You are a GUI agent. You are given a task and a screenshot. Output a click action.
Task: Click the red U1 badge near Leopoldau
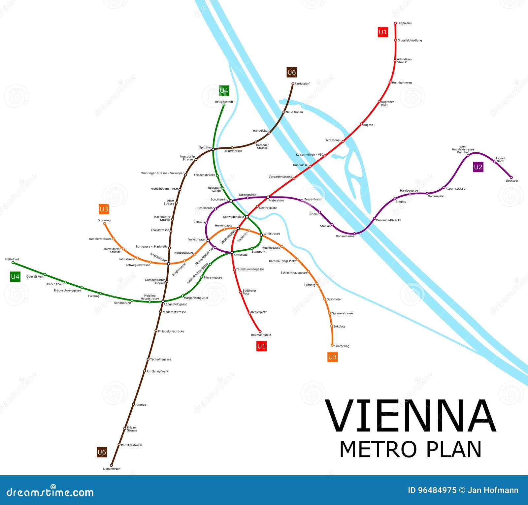coord(383,32)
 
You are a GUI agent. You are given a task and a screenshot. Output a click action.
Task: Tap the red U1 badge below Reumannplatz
coord(261,346)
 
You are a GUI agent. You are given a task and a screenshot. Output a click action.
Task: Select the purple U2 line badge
coord(478,167)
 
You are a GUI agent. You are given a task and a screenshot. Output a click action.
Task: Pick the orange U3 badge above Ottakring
coord(104,209)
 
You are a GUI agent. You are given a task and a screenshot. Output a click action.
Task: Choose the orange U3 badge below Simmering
coord(332,357)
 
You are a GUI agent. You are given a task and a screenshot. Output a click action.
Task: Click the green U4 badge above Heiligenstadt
coord(224,90)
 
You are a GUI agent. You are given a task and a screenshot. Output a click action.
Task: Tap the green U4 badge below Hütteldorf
coord(15,276)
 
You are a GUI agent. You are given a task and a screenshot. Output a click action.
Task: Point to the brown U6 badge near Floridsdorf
coord(292,72)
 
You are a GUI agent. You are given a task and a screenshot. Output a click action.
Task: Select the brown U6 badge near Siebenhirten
coord(102,452)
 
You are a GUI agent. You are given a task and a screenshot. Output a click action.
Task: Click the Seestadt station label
coord(512,181)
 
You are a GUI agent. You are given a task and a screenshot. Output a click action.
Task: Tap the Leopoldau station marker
coord(395,23)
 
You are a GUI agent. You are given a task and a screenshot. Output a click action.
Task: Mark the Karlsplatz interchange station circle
coord(232,252)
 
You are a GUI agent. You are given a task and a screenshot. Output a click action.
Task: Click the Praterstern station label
coord(276,200)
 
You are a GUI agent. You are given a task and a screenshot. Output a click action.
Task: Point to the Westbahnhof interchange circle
coord(168,264)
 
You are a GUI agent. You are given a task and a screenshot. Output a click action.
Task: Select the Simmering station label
coord(342,346)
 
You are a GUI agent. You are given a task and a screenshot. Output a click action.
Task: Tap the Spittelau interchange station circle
coord(213,149)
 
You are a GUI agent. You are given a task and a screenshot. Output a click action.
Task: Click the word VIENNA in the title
coord(411,416)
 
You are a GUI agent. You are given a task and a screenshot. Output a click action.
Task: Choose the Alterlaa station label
coord(141,404)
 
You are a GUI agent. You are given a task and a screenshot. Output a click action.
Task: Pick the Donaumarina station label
coord(345,236)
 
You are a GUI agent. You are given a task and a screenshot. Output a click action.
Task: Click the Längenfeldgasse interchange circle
coord(163,301)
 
